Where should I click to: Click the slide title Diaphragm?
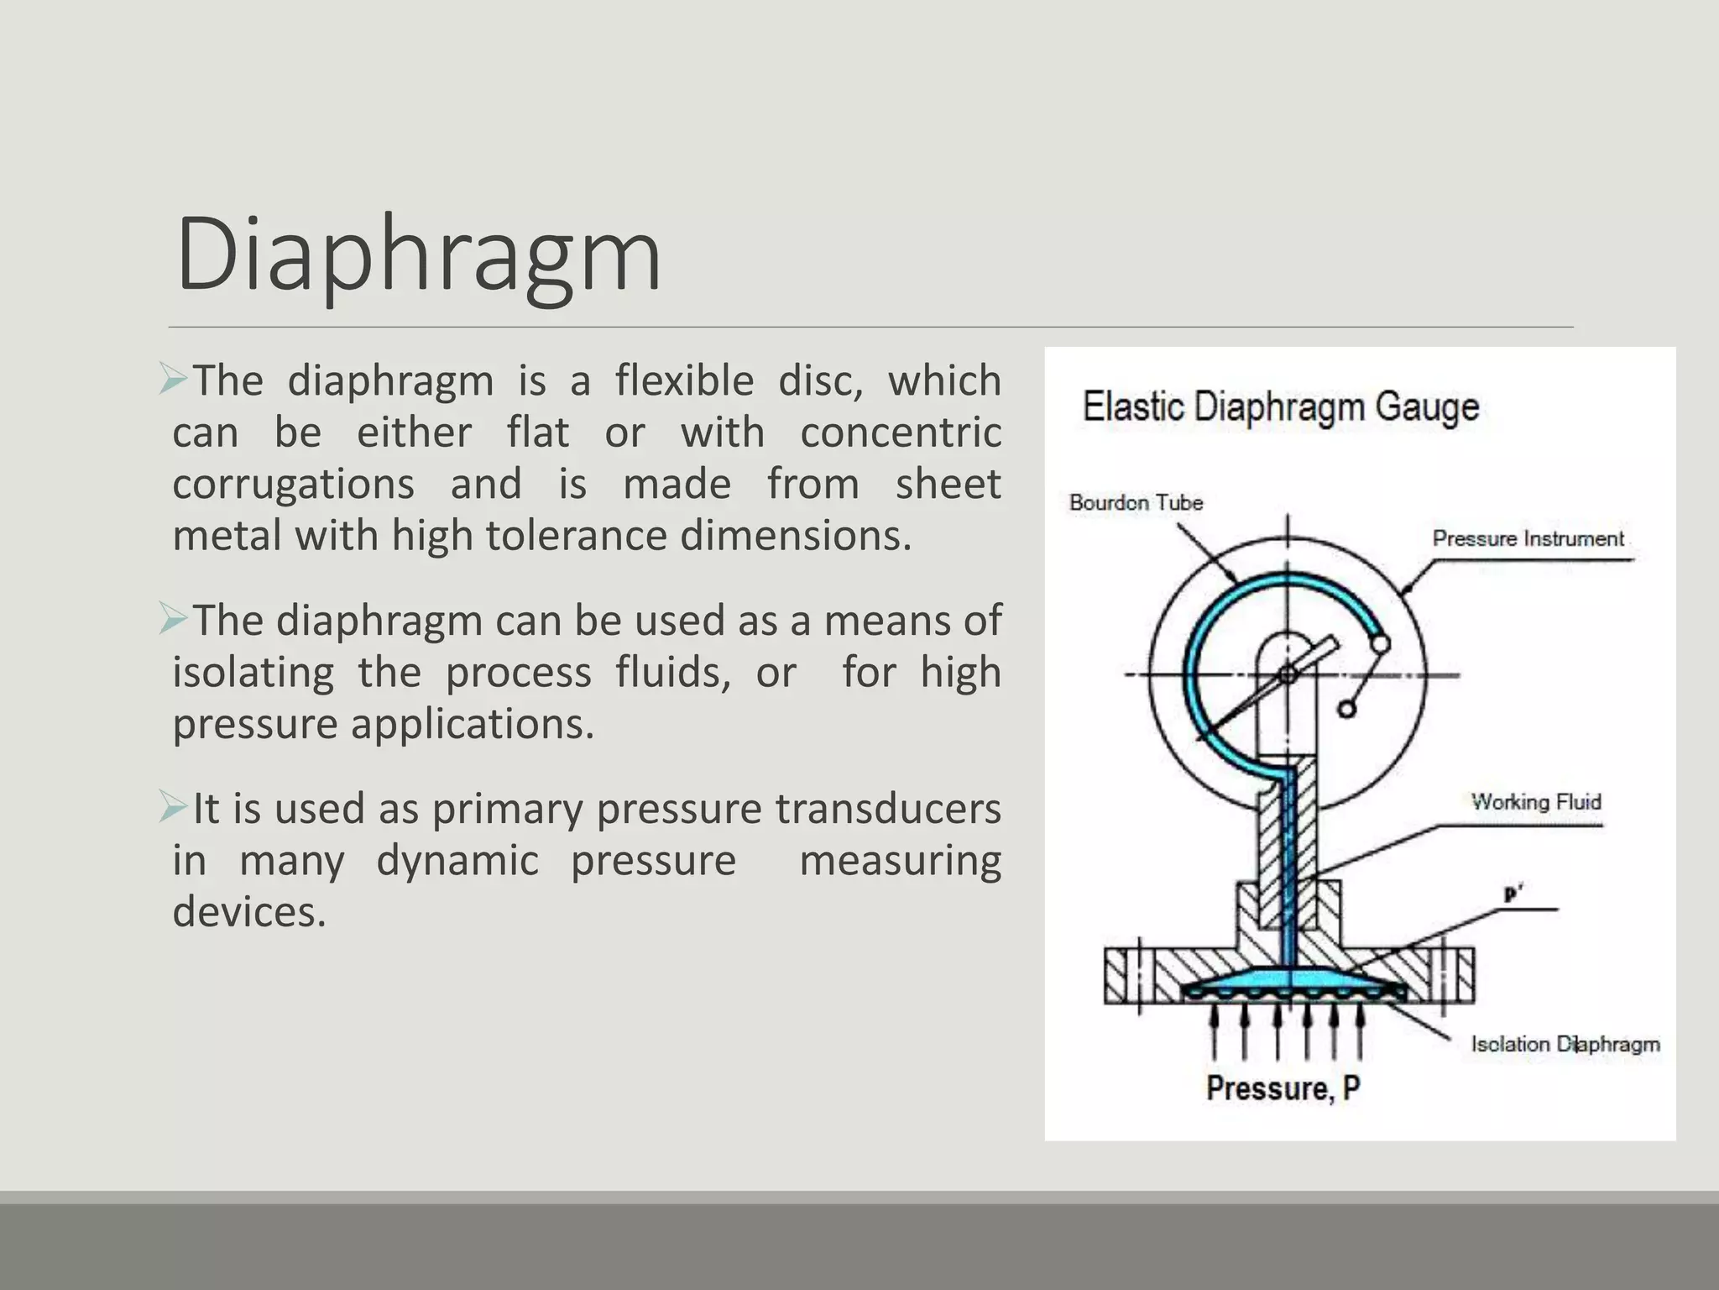(x=418, y=254)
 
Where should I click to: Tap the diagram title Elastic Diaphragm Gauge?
(x=1281, y=406)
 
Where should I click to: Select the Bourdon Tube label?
(x=1136, y=503)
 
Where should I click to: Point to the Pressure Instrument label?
(x=1528, y=539)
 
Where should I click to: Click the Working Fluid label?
(x=1535, y=802)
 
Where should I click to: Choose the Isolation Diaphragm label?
(x=1565, y=1044)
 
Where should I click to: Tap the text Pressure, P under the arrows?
(x=1283, y=1088)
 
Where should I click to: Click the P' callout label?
(x=1513, y=895)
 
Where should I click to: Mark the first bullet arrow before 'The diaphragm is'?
(x=173, y=380)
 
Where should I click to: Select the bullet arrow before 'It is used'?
(x=173, y=808)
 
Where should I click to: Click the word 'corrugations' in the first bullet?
(x=293, y=485)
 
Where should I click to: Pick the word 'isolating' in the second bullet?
(x=253, y=673)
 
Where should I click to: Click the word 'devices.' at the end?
(x=249, y=912)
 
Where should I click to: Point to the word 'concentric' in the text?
(x=900, y=433)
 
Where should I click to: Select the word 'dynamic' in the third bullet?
(x=457, y=861)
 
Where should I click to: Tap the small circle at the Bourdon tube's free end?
(x=1379, y=644)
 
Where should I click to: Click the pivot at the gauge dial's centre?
(x=1288, y=674)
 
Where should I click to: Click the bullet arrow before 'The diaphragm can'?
(x=173, y=620)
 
